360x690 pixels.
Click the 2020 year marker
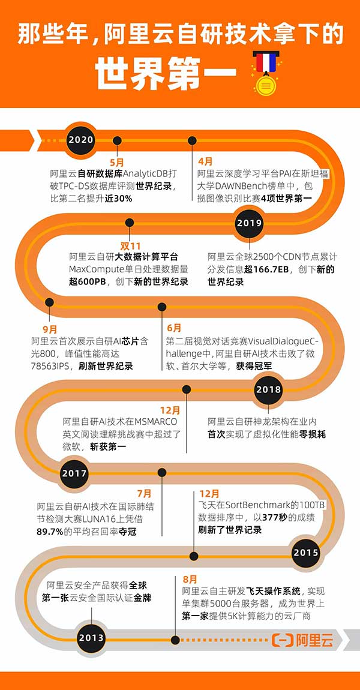pos(80,140)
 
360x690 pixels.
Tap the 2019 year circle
pos(249,222)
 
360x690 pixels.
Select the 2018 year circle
pos(268,389)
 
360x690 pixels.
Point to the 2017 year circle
pos(74,473)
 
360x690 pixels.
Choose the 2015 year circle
pos(306,553)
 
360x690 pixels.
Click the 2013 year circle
pos(92,638)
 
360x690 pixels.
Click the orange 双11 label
pos(130,245)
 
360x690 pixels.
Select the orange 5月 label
pos(116,161)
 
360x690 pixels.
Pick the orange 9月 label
pos(50,329)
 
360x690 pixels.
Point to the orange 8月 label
pos(190,579)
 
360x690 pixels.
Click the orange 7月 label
pos(144,494)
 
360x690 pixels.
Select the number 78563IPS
pos(50,365)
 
